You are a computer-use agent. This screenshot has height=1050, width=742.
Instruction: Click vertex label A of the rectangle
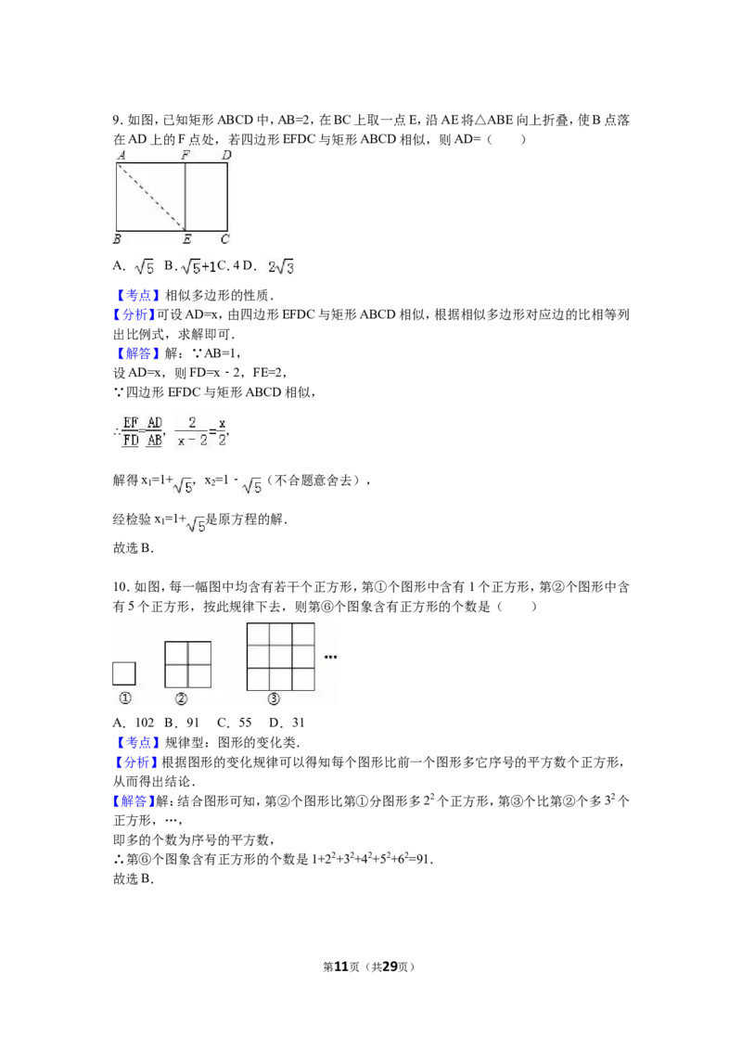(x=122, y=155)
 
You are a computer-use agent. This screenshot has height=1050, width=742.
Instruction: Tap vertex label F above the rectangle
(x=185, y=155)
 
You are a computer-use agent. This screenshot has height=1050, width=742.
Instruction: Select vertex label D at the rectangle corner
(x=226, y=155)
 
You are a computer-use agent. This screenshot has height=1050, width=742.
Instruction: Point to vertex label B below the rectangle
(x=117, y=239)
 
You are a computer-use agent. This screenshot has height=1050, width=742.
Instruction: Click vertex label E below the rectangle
(x=186, y=239)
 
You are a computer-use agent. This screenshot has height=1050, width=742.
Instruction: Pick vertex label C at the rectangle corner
(x=225, y=239)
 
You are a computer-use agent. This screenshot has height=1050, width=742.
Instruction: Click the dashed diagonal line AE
(x=151, y=197)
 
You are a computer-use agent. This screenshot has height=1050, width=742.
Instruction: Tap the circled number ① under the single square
(x=124, y=698)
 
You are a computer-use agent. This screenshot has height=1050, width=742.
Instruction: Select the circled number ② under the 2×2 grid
(x=181, y=698)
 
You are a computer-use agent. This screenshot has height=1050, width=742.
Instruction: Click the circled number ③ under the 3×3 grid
(x=274, y=698)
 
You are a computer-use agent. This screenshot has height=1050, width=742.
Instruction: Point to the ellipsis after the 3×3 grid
(x=330, y=657)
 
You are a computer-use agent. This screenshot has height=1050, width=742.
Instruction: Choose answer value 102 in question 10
(x=145, y=723)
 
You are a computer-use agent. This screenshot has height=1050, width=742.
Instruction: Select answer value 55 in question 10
(x=245, y=723)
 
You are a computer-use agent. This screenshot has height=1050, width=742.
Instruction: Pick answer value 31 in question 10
(x=298, y=723)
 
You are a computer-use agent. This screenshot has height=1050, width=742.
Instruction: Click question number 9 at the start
(x=118, y=121)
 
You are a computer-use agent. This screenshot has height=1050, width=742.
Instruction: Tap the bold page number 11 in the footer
(x=341, y=967)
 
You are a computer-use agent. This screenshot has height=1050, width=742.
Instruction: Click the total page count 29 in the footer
(x=390, y=967)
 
